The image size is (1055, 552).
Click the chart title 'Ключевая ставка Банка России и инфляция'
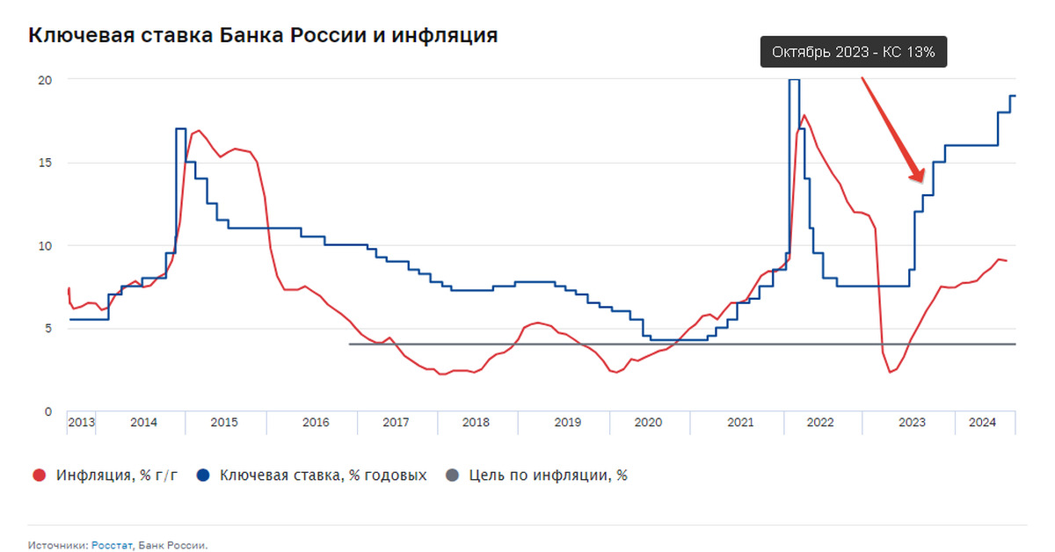pos(264,35)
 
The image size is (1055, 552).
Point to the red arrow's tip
pos(921,182)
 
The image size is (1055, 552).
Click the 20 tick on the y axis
pos(44,80)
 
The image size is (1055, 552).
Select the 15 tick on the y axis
pos(44,163)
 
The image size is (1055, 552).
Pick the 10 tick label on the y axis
pos(44,245)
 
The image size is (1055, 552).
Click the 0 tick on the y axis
pos(48,411)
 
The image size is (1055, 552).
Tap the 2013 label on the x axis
pos(81,422)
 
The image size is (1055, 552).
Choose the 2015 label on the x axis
pos(224,422)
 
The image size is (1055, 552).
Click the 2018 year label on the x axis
pos(476,422)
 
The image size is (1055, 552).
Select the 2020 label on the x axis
pos(648,422)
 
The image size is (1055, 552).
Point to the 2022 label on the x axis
pos(819,422)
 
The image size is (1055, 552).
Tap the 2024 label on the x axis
pos(983,422)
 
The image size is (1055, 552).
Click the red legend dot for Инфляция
pos(39,476)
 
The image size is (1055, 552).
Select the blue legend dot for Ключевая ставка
pos(203,476)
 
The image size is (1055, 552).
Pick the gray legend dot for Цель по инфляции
pos(452,476)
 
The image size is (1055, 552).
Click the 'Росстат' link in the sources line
pos(113,545)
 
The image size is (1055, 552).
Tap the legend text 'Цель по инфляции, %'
pos(549,476)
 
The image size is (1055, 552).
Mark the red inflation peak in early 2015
pos(199,131)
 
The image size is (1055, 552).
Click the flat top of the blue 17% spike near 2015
pos(180,129)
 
